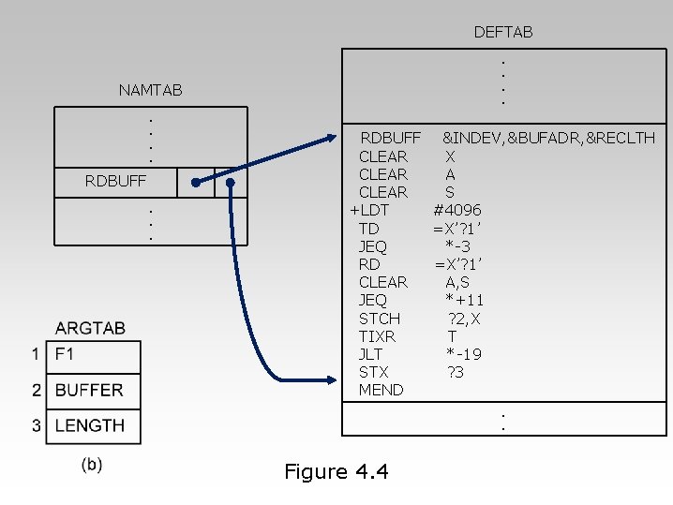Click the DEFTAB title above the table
(x=502, y=33)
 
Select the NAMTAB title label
(x=150, y=91)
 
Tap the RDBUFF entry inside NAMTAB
(x=115, y=182)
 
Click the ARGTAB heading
(x=90, y=328)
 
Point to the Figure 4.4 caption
(x=336, y=472)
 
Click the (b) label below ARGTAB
(x=92, y=464)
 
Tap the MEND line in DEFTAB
(x=381, y=390)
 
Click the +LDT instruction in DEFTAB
(x=369, y=210)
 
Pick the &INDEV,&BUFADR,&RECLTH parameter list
(x=548, y=139)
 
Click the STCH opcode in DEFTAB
(x=379, y=319)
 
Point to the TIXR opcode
(x=377, y=336)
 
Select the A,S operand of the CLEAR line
(x=457, y=282)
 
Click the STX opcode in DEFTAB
(x=373, y=372)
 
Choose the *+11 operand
(x=464, y=300)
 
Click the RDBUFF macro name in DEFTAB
(x=391, y=139)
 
